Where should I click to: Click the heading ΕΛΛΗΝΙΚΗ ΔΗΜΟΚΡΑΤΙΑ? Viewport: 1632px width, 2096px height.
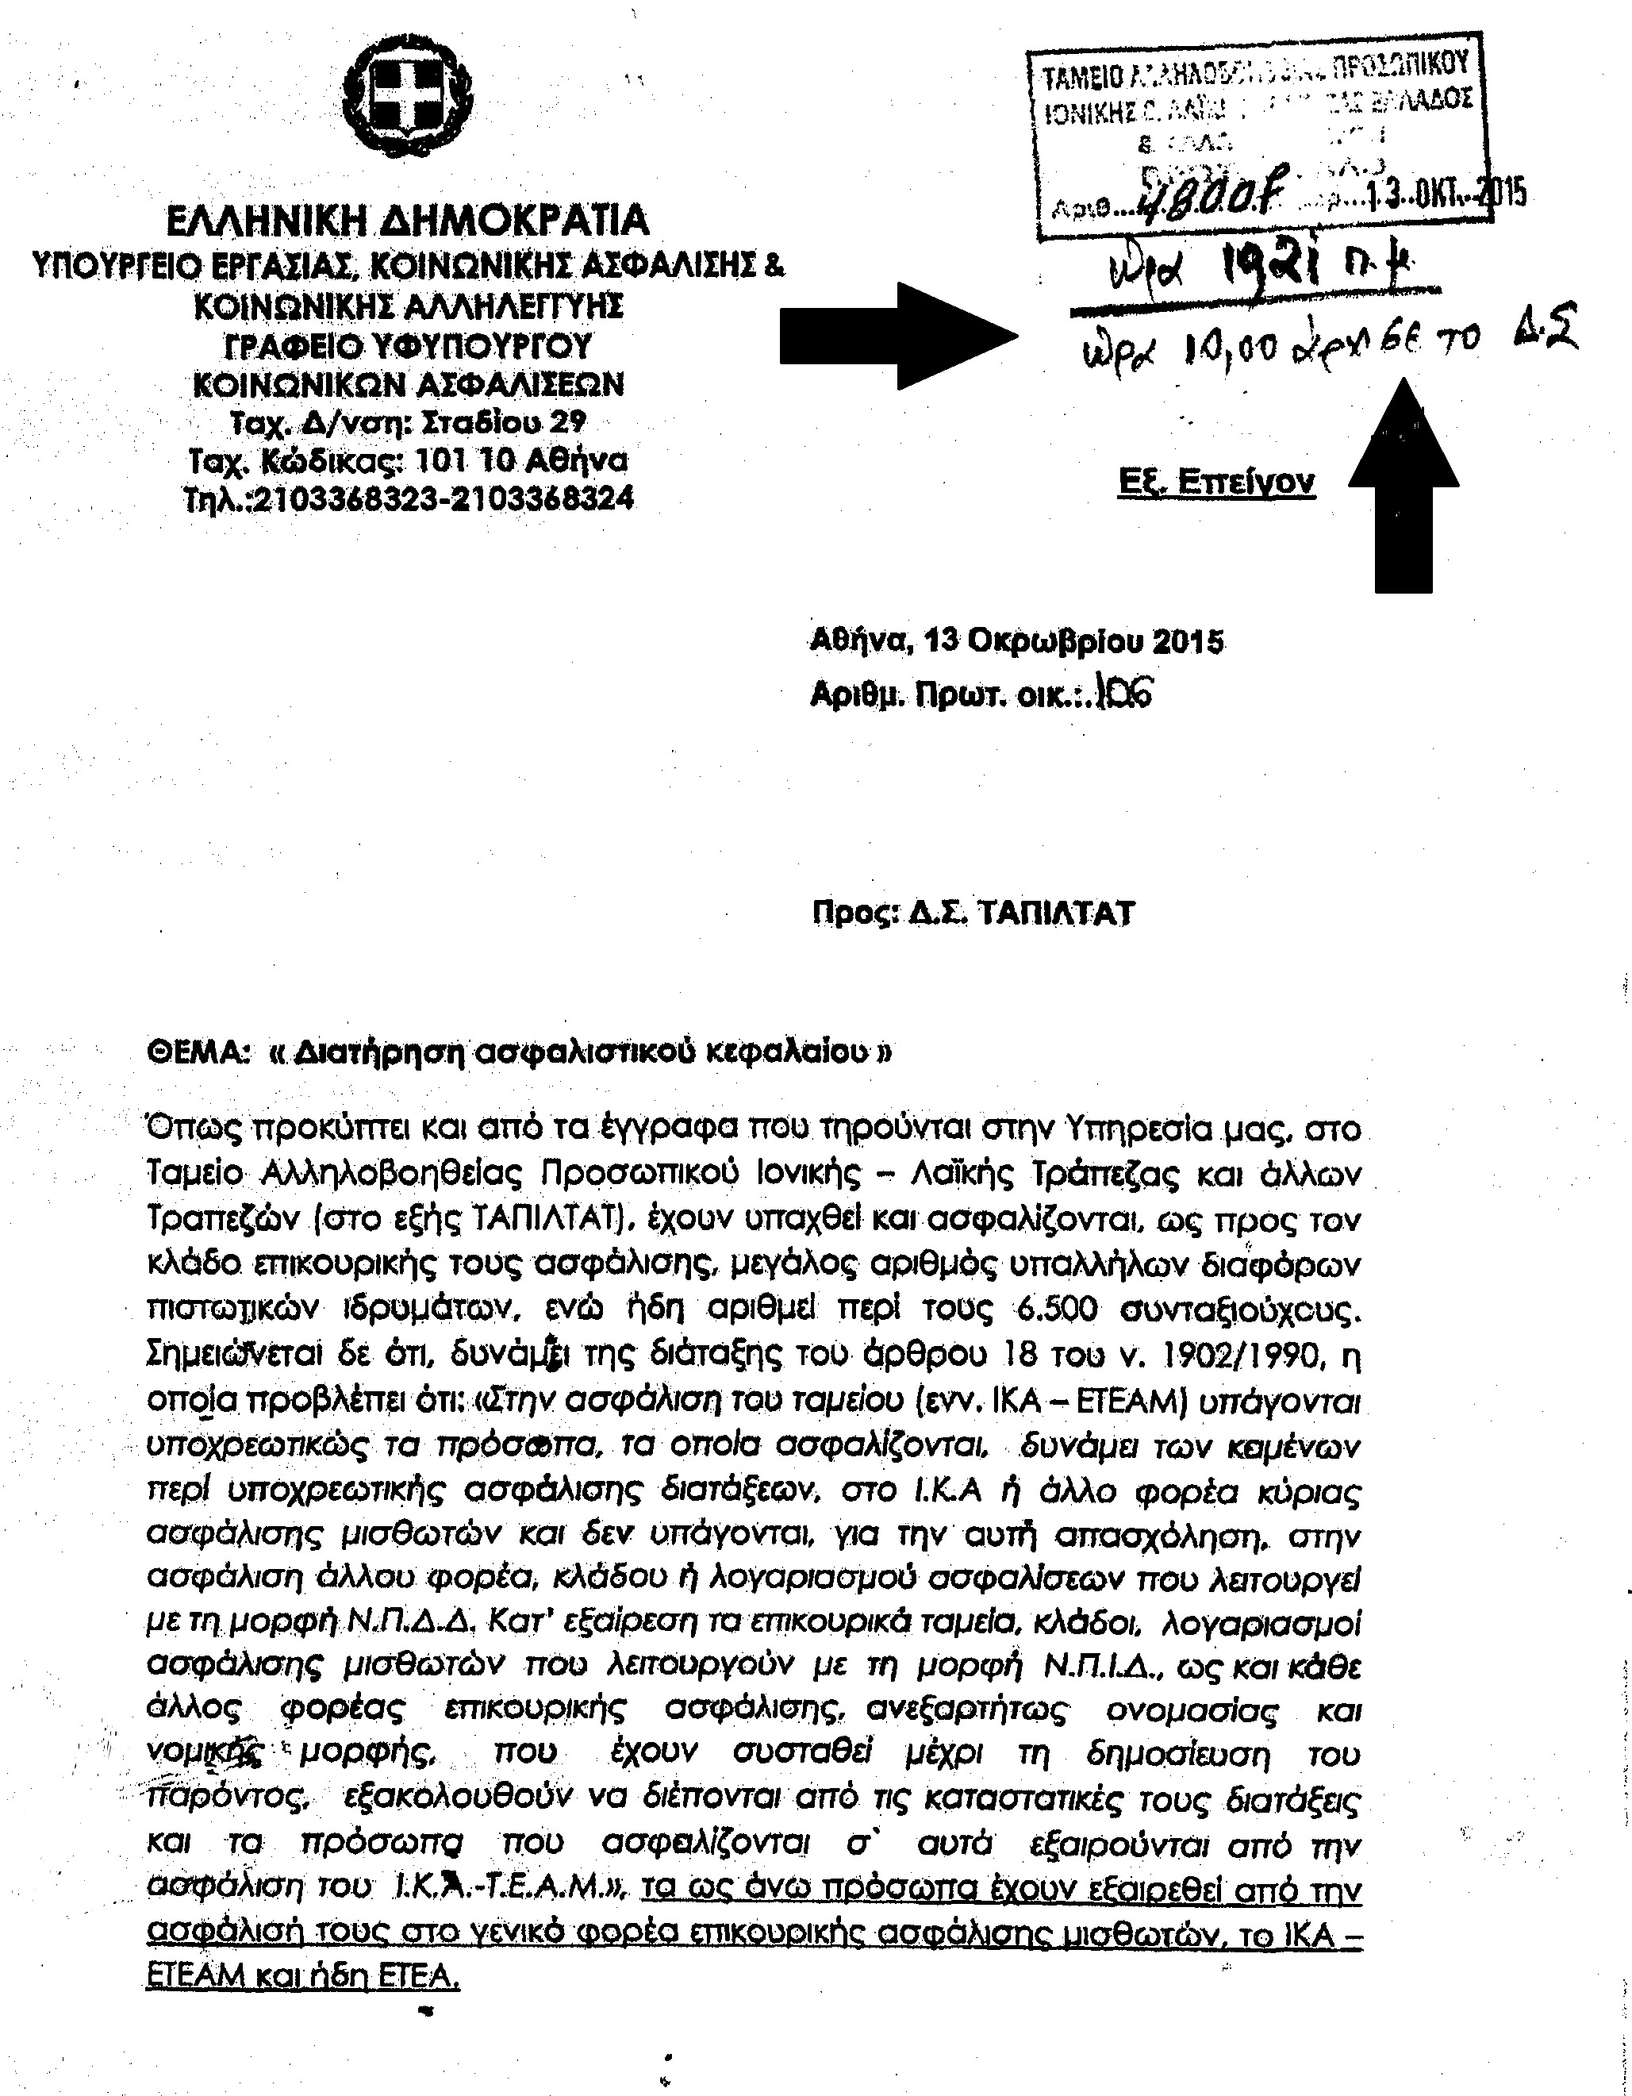pyautogui.click(x=408, y=221)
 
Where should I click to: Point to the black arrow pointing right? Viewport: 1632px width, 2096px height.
pyautogui.click(x=898, y=336)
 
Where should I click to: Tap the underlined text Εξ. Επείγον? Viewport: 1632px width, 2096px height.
pyautogui.click(x=1215, y=482)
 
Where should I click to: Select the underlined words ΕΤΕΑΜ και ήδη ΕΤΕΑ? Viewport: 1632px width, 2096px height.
pyautogui.click(x=303, y=1978)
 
